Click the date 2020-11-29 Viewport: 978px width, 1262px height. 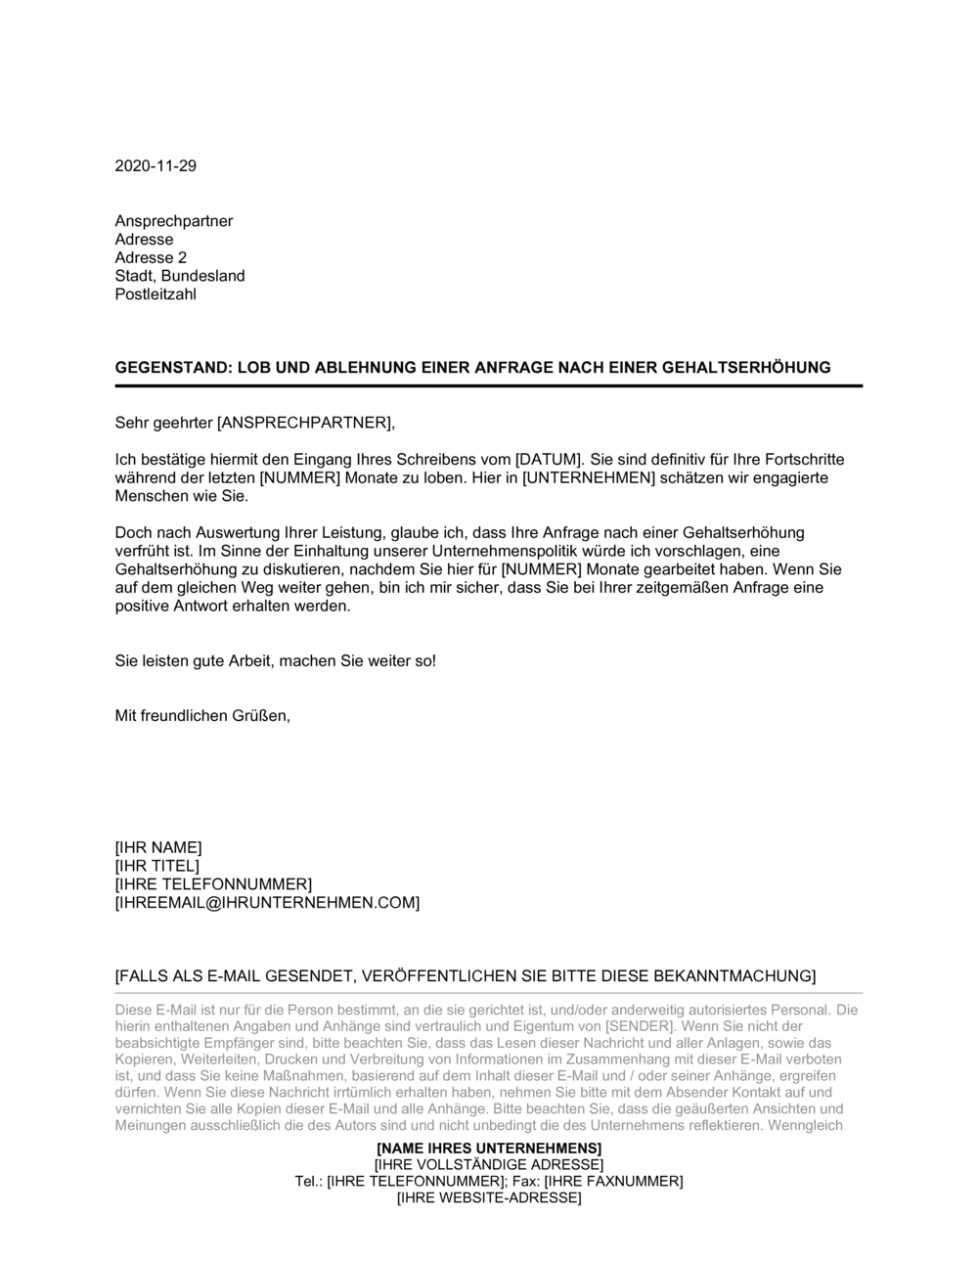coord(156,165)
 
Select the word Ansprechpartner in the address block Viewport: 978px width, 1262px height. coord(174,221)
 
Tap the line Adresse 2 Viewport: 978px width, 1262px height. coord(151,257)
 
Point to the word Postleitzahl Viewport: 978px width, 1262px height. coord(156,294)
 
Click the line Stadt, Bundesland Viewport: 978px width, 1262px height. coord(180,276)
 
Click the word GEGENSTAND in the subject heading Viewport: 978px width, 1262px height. coord(171,368)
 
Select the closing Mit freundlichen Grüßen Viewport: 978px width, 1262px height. coord(202,715)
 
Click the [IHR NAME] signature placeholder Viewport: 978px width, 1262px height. coord(158,847)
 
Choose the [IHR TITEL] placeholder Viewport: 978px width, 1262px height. coord(157,866)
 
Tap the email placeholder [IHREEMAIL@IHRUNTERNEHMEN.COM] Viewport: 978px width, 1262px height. coord(267,902)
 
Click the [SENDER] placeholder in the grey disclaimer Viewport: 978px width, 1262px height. coord(640,1026)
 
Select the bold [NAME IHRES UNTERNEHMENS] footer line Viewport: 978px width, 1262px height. coord(489,1148)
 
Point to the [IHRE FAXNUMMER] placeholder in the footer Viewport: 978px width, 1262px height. coord(620,1181)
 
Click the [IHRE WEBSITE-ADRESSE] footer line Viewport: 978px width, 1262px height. coord(489,1197)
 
